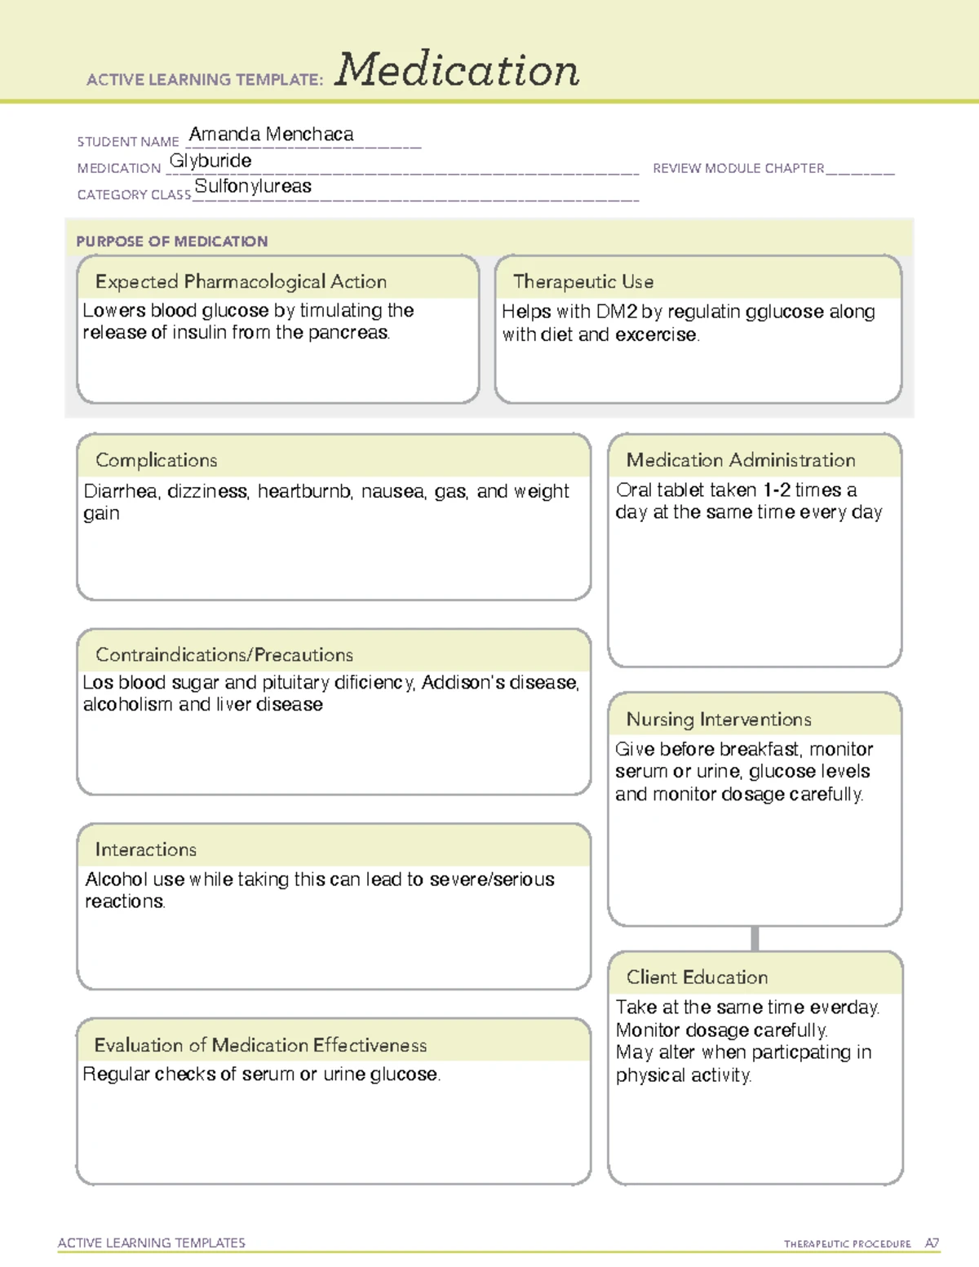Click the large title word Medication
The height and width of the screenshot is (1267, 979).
[457, 70]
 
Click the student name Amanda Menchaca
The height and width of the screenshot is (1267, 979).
[271, 135]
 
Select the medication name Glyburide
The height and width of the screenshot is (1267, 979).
[210, 161]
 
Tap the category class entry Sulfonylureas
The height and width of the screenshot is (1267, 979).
[253, 187]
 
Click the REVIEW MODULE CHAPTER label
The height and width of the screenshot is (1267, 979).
[738, 168]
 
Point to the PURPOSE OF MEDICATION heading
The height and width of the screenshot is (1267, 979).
[171, 241]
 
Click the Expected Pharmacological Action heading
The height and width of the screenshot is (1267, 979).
[241, 282]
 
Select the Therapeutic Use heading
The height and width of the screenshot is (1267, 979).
[583, 282]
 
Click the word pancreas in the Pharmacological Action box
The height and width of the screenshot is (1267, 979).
[348, 333]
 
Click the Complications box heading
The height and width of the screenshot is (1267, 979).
[157, 460]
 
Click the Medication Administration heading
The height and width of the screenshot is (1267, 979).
[741, 460]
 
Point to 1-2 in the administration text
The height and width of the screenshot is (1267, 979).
[776, 490]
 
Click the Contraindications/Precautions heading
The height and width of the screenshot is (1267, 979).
[224, 655]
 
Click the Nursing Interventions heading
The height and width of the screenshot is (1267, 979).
[719, 720]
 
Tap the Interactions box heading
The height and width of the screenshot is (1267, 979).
[146, 850]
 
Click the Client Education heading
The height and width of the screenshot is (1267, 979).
[697, 977]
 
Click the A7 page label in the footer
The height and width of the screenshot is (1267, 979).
[932, 1243]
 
